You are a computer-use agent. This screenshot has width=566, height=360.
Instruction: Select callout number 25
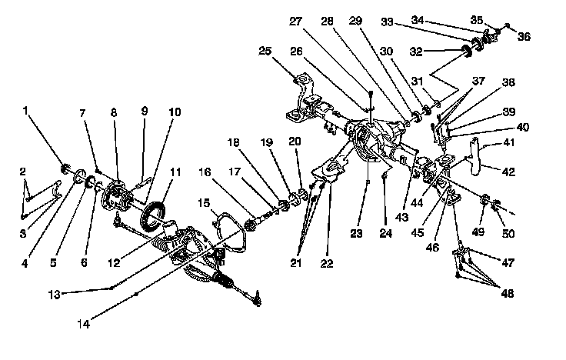click(x=265, y=52)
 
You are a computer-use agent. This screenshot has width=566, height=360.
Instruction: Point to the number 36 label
click(x=524, y=35)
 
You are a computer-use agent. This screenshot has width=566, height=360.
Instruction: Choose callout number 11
click(x=175, y=173)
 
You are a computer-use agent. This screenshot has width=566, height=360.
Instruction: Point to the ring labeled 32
click(x=466, y=52)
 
